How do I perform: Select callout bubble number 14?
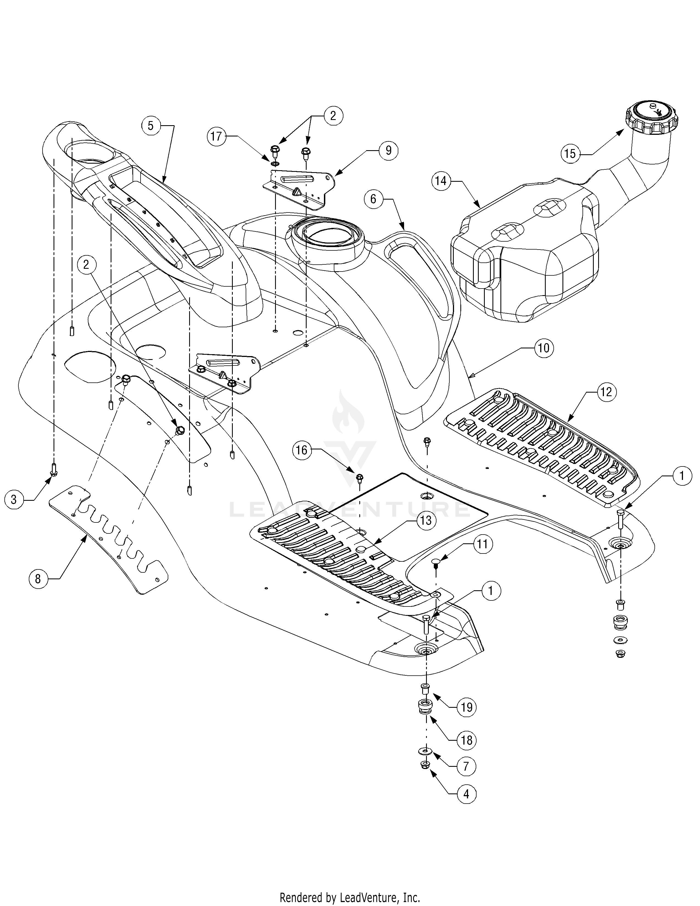(441, 181)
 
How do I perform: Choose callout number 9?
(388, 150)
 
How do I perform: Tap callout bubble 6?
(373, 200)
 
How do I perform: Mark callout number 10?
(543, 348)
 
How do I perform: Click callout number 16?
(302, 450)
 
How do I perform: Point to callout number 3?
(14, 499)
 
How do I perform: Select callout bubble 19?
(466, 706)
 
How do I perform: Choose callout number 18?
(466, 740)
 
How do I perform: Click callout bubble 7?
(466, 766)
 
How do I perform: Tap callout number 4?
(466, 795)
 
